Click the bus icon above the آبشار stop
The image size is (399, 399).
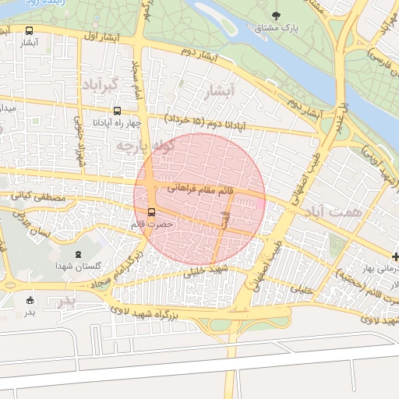pyautogui.click(x=30, y=31)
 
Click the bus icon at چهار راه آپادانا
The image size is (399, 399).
pyautogui.click(x=117, y=111)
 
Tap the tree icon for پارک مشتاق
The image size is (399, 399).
pyautogui.click(x=277, y=15)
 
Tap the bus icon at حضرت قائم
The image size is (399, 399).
pyautogui.click(x=151, y=211)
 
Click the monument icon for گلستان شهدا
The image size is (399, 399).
pyautogui.click(x=77, y=254)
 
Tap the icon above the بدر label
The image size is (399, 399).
pyautogui.click(x=30, y=300)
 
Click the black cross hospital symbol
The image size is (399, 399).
pyautogui.click(x=395, y=256)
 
